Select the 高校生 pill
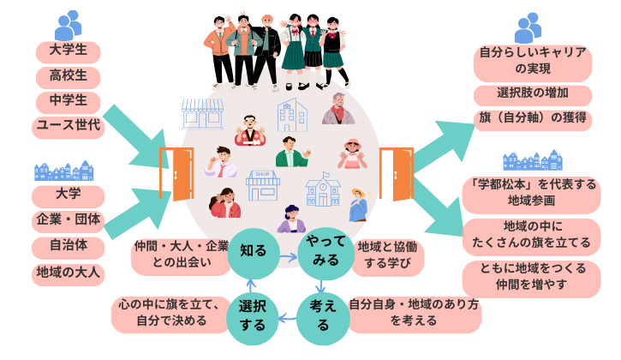point(69,77)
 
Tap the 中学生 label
point(69,102)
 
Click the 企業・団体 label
point(69,221)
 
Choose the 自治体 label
point(69,248)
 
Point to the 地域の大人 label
point(69,274)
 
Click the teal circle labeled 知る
point(254,251)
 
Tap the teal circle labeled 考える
point(322,316)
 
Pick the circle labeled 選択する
point(252,316)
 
